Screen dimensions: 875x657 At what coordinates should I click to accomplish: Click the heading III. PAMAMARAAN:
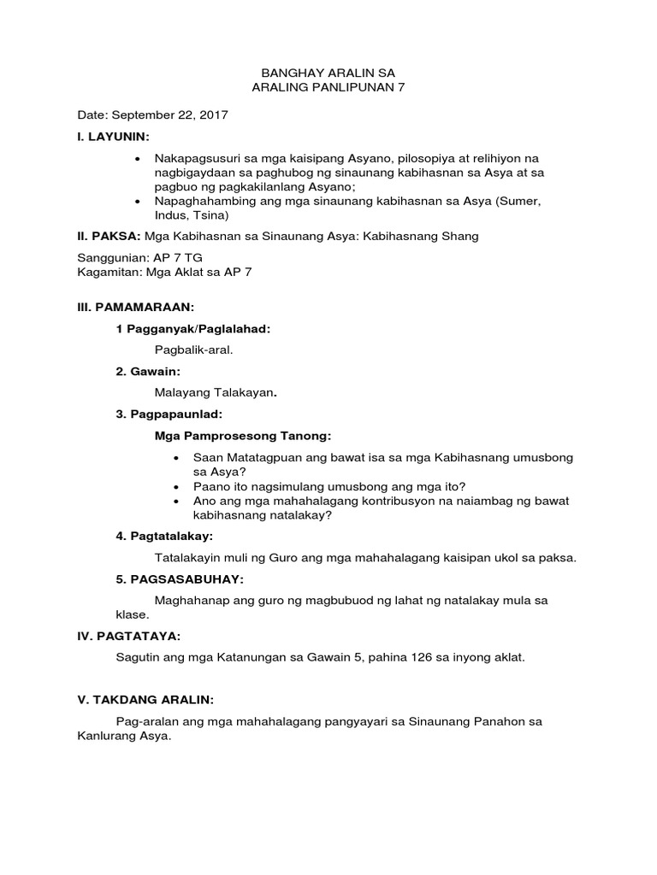[137, 306]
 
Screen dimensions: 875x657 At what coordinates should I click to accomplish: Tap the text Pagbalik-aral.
[193, 350]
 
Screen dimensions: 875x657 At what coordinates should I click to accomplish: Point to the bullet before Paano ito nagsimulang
[175, 485]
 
